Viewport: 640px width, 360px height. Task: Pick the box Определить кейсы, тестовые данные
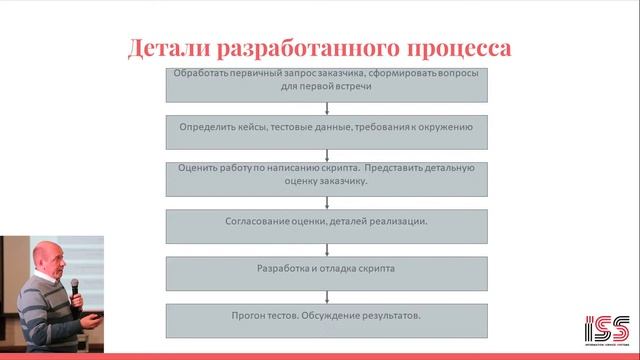[x=326, y=129]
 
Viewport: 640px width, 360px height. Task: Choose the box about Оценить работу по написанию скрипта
[x=326, y=175]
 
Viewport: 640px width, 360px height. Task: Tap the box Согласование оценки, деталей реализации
[x=326, y=221]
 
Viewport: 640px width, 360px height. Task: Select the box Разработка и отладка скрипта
[x=326, y=269]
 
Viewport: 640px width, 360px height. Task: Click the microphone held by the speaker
[x=75, y=289]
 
